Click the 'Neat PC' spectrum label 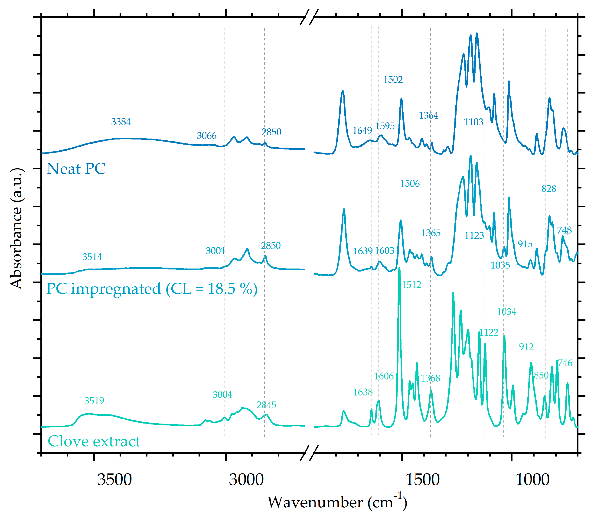[x=76, y=169]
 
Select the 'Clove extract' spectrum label [x=94, y=441]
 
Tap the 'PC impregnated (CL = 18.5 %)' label [x=152, y=289]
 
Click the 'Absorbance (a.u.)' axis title [x=16, y=228]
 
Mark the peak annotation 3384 [x=121, y=122]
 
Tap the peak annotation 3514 [x=92, y=257]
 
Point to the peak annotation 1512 [x=411, y=285]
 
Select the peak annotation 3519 [x=94, y=401]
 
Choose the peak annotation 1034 [x=507, y=311]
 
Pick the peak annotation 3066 [x=206, y=136]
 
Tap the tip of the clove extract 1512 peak [x=399, y=268]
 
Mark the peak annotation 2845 [x=266, y=405]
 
